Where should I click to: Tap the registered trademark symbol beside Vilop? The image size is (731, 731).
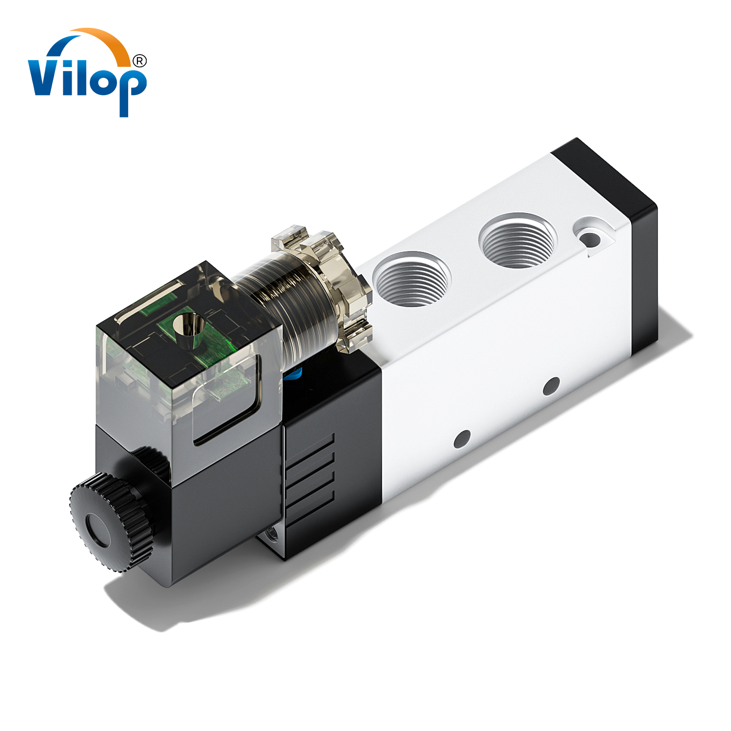(139, 61)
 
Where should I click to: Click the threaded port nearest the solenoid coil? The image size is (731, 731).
(412, 280)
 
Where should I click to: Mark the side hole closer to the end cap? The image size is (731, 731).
(551, 386)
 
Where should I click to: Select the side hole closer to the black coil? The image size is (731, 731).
(462, 439)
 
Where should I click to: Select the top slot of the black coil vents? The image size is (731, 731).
(309, 446)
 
